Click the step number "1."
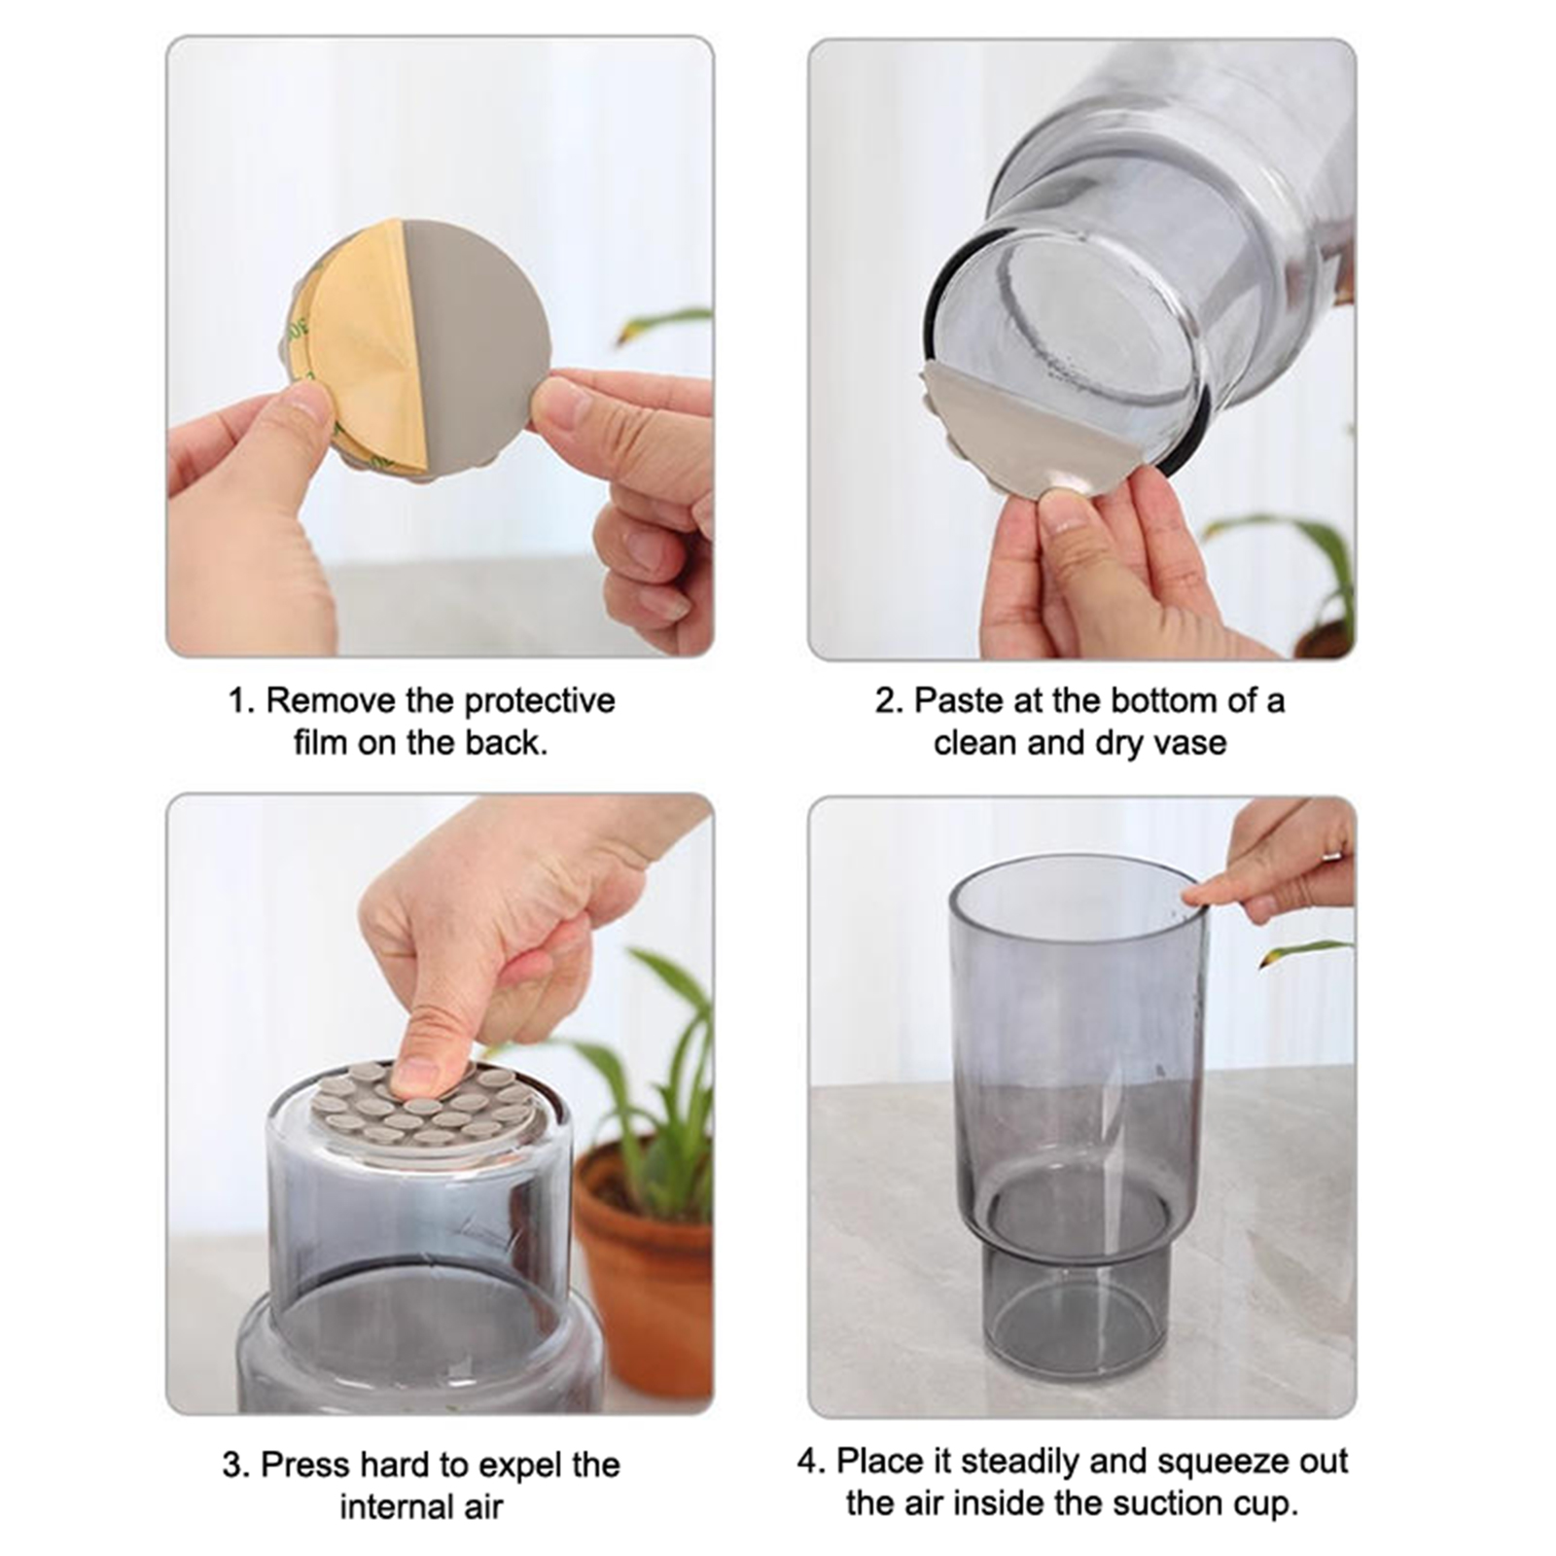pos(240,701)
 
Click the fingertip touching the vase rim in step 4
pos(1196,896)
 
